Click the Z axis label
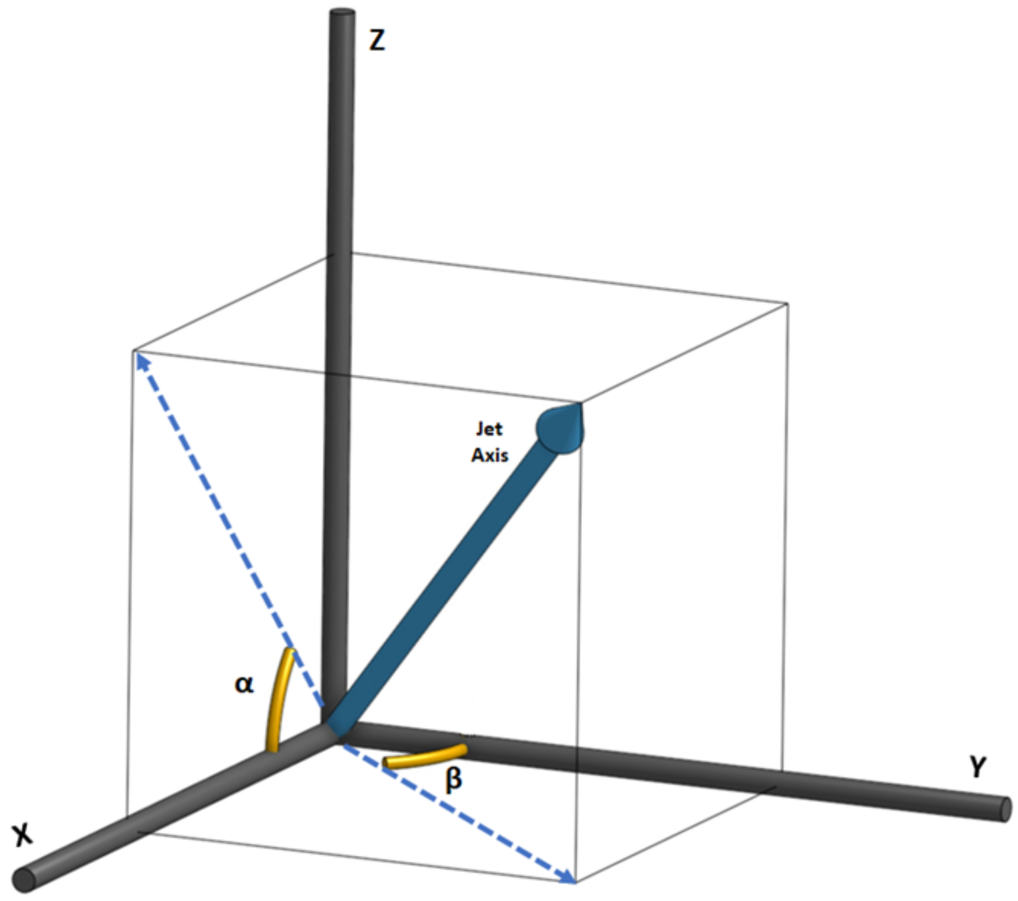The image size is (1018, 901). [377, 40]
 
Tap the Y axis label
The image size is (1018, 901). [977, 766]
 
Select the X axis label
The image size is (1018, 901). [22, 834]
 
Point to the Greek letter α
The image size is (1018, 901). [244, 684]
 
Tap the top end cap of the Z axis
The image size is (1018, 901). [343, 12]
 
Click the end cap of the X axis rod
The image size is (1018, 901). [23, 880]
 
